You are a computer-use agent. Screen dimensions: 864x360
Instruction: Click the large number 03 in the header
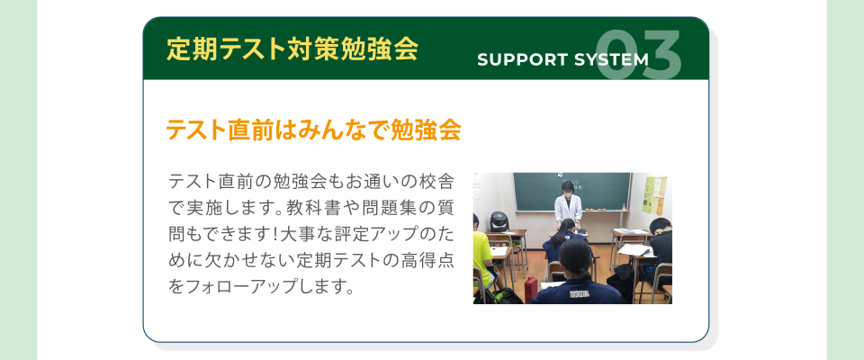[638, 55]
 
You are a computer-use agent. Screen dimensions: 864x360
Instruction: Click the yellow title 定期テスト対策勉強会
[292, 49]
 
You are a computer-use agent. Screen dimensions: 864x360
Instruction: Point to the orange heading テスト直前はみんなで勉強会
[313, 130]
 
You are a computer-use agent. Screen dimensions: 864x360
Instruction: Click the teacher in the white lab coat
[567, 204]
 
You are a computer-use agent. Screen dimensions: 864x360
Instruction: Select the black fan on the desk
[498, 221]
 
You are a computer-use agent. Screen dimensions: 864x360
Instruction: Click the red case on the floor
[531, 289]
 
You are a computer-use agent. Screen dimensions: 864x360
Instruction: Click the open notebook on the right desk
[636, 249]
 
